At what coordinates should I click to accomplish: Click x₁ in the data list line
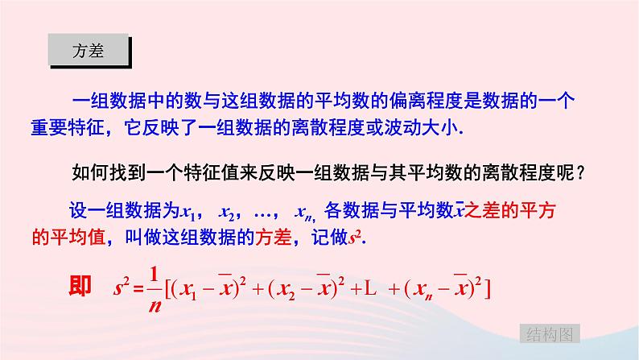190,213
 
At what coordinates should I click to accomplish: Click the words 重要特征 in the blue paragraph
86,128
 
